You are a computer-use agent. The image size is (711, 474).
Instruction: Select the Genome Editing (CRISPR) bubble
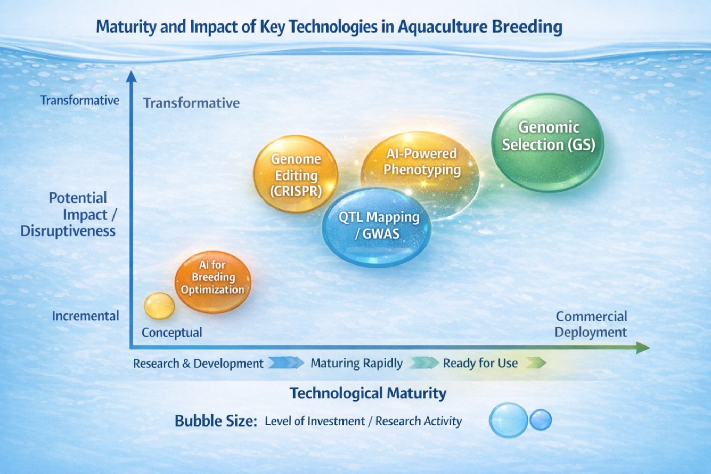(296, 174)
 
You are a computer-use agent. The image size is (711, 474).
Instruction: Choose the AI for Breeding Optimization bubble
(213, 282)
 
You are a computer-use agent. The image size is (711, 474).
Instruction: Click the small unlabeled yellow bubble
(159, 306)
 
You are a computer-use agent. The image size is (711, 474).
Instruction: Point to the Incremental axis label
(85, 316)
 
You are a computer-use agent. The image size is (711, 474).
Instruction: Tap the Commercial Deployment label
(591, 324)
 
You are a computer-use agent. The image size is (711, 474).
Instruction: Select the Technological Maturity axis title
(368, 393)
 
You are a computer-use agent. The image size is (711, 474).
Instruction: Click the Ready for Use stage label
(480, 363)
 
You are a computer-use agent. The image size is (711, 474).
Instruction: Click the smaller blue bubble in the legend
(540, 420)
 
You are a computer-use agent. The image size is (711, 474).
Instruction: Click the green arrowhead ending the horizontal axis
(643, 348)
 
